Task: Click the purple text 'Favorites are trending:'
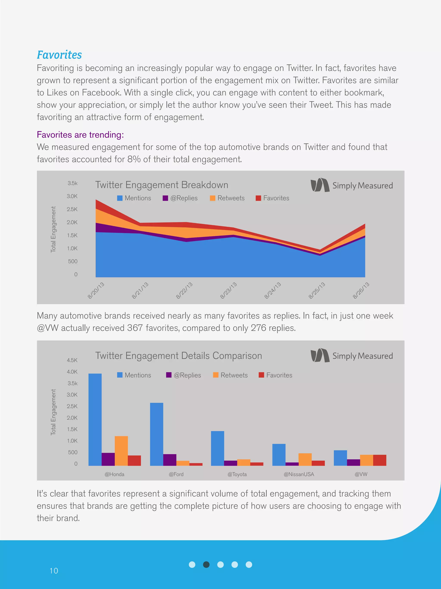pos(80,135)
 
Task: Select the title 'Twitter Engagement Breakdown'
pos(162,185)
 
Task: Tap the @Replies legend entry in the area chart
pos(180,198)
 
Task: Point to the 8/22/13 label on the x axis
pos(184,290)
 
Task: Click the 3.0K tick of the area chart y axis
pos(72,196)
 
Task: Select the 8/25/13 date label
pos(317,290)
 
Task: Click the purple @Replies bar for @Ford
pos(170,460)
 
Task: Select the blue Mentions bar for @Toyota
pos(217,448)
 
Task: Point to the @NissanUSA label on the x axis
pos(299,474)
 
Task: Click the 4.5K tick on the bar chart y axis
pos(72,360)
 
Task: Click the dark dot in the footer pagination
pos(206,564)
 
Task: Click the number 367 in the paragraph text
pos(135,328)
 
